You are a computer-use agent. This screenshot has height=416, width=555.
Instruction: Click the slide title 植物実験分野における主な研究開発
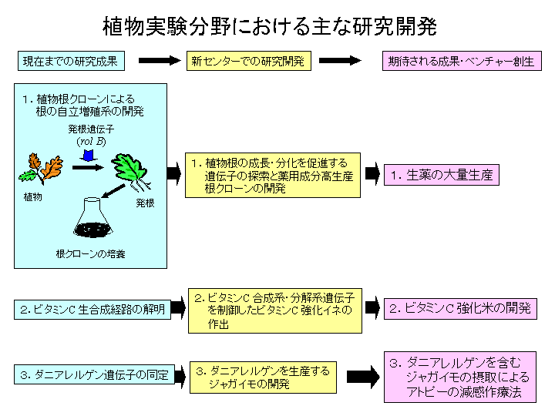[x=270, y=28]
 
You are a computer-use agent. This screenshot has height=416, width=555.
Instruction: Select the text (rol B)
[x=90, y=141]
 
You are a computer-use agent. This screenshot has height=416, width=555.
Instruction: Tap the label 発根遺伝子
[x=90, y=129]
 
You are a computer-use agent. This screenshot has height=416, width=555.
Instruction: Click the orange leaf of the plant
[x=52, y=168]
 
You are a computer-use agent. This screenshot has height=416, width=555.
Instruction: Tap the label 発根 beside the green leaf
[x=146, y=203]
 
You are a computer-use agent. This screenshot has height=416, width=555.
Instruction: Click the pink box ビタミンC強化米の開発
[x=460, y=309]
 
